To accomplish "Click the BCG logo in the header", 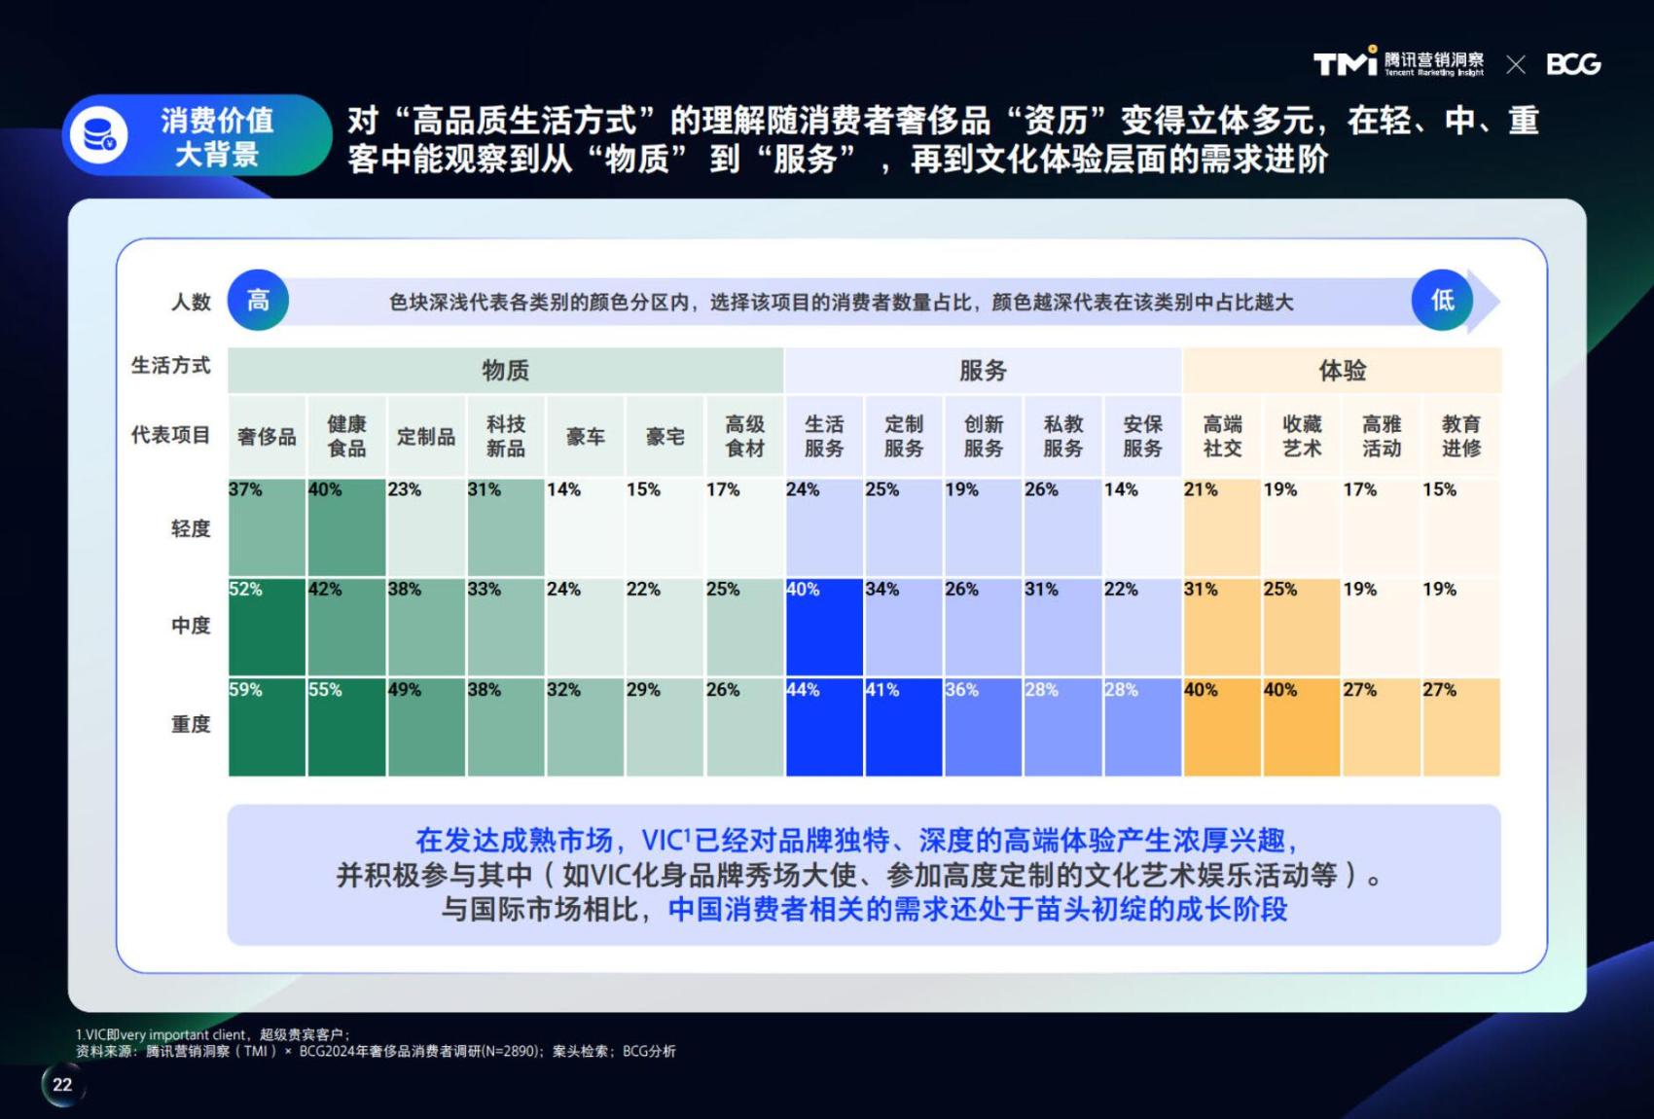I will click(1573, 64).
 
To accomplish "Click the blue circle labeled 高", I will click(258, 300).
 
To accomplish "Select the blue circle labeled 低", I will click(1442, 300).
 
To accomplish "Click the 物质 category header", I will click(505, 371).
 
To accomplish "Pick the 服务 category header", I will click(983, 371).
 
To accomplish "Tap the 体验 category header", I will click(1342, 371).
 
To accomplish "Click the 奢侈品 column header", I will click(267, 437).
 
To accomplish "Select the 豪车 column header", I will click(586, 437).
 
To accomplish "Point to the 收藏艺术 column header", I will click(1302, 436).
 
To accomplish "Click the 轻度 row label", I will click(191, 528).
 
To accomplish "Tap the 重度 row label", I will click(191, 725).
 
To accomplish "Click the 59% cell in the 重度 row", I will click(267, 727).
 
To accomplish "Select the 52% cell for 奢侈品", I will click(267, 627).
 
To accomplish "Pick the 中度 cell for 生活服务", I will click(824, 627).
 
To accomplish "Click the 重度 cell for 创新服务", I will click(983, 727).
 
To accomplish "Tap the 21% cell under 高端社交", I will click(1222, 527).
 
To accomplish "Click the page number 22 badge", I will click(62, 1085).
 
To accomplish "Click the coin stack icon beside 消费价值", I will click(99, 135).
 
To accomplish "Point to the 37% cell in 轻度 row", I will click(267, 527).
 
